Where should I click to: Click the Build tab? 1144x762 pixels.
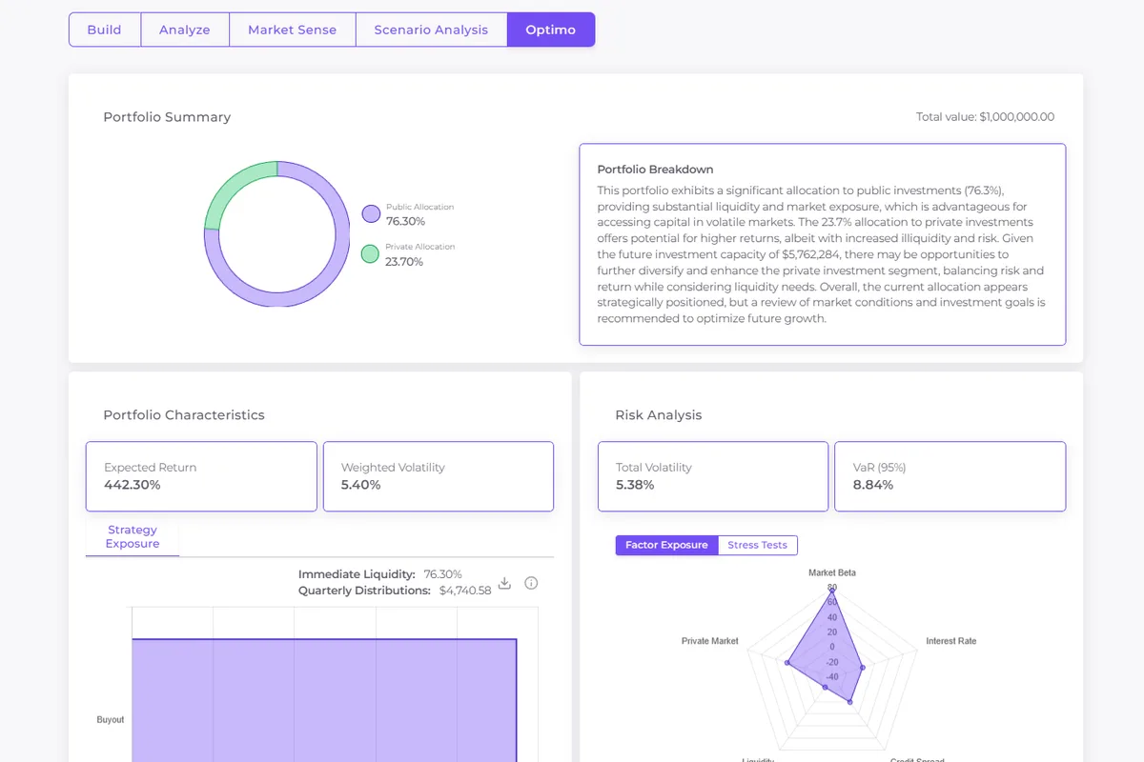pyautogui.click(x=104, y=30)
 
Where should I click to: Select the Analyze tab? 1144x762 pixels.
pyautogui.click(x=185, y=30)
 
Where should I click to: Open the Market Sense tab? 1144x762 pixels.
pyautogui.click(x=292, y=30)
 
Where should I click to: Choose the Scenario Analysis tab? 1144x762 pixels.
pyautogui.click(x=431, y=30)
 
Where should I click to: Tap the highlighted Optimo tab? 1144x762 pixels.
pyautogui.click(x=551, y=30)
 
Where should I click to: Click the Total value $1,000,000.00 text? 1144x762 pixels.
pyautogui.click(x=985, y=117)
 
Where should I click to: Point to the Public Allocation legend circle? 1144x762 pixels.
pyautogui.click(x=371, y=214)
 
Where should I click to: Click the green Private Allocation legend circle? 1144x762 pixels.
pyautogui.click(x=371, y=254)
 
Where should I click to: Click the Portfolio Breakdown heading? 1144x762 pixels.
pyautogui.click(x=655, y=170)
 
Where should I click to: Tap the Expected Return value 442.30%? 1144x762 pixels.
pyautogui.click(x=133, y=485)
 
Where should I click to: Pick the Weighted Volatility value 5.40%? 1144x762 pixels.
pyautogui.click(x=361, y=485)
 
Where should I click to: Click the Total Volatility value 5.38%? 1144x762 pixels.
pyautogui.click(x=635, y=485)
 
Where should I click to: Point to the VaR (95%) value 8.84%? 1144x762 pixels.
pyautogui.click(x=873, y=485)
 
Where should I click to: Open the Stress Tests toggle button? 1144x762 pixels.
pyautogui.click(x=757, y=545)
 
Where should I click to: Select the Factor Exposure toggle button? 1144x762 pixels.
pyautogui.click(x=666, y=545)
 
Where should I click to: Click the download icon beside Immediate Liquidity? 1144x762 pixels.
pyautogui.click(x=505, y=583)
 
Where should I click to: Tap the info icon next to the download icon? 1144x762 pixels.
pyautogui.click(x=532, y=583)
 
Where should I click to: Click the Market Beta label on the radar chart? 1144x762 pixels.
pyautogui.click(x=832, y=572)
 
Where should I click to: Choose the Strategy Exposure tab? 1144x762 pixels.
pyautogui.click(x=133, y=537)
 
